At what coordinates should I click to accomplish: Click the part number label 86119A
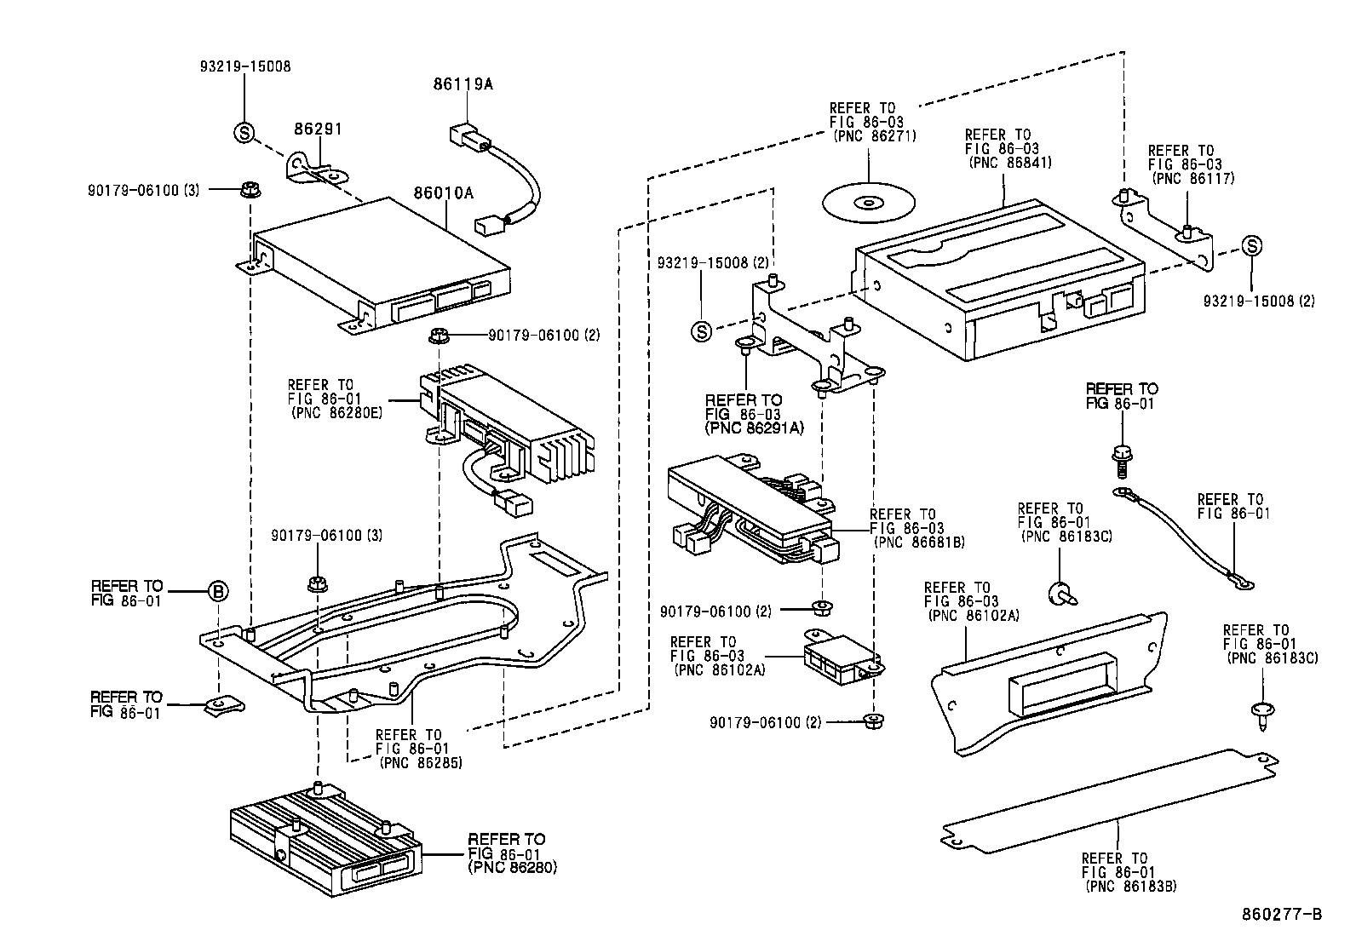tap(463, 84)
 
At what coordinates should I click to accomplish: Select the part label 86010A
tap(444, 193)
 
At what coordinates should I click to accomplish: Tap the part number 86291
tap(318, 129)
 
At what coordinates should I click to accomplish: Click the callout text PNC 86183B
tap(1131, 886)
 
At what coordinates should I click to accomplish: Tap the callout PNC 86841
tap(1009, 162)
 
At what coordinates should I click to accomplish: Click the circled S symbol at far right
tap(1250, 246)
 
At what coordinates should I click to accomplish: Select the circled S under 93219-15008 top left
tap(244, 132)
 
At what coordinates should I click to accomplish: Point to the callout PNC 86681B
tap(919, 542)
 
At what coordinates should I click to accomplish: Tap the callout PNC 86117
tap(1192, 178)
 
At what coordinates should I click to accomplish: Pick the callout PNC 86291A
tap(755, 428)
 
